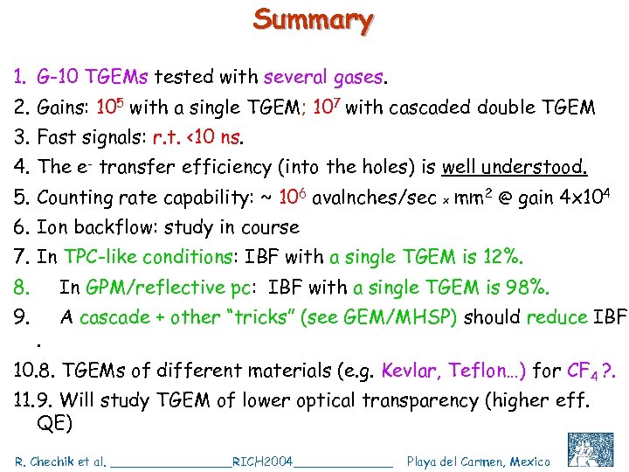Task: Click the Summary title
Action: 314,18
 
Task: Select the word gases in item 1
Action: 358,77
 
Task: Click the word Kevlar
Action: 411,371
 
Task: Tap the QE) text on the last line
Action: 55,424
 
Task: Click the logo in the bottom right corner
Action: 591,450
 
